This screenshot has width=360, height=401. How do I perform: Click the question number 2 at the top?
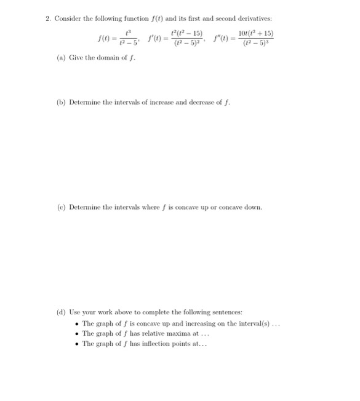[x=47, y=18]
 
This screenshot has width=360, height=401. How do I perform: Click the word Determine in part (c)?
[x=84, y=207]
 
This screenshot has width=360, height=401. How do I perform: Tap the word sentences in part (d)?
[x=225, y=313]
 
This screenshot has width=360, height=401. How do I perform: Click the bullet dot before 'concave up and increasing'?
[x=76, y=324]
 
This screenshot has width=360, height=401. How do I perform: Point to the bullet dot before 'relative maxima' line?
[x=76, y=333]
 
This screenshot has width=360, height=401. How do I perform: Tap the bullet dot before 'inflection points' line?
[x=76, y=344]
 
